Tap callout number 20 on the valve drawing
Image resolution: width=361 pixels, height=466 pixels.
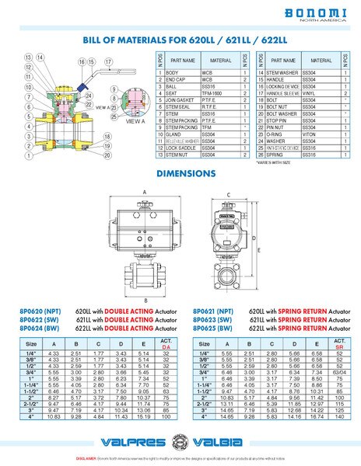[107, 155]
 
